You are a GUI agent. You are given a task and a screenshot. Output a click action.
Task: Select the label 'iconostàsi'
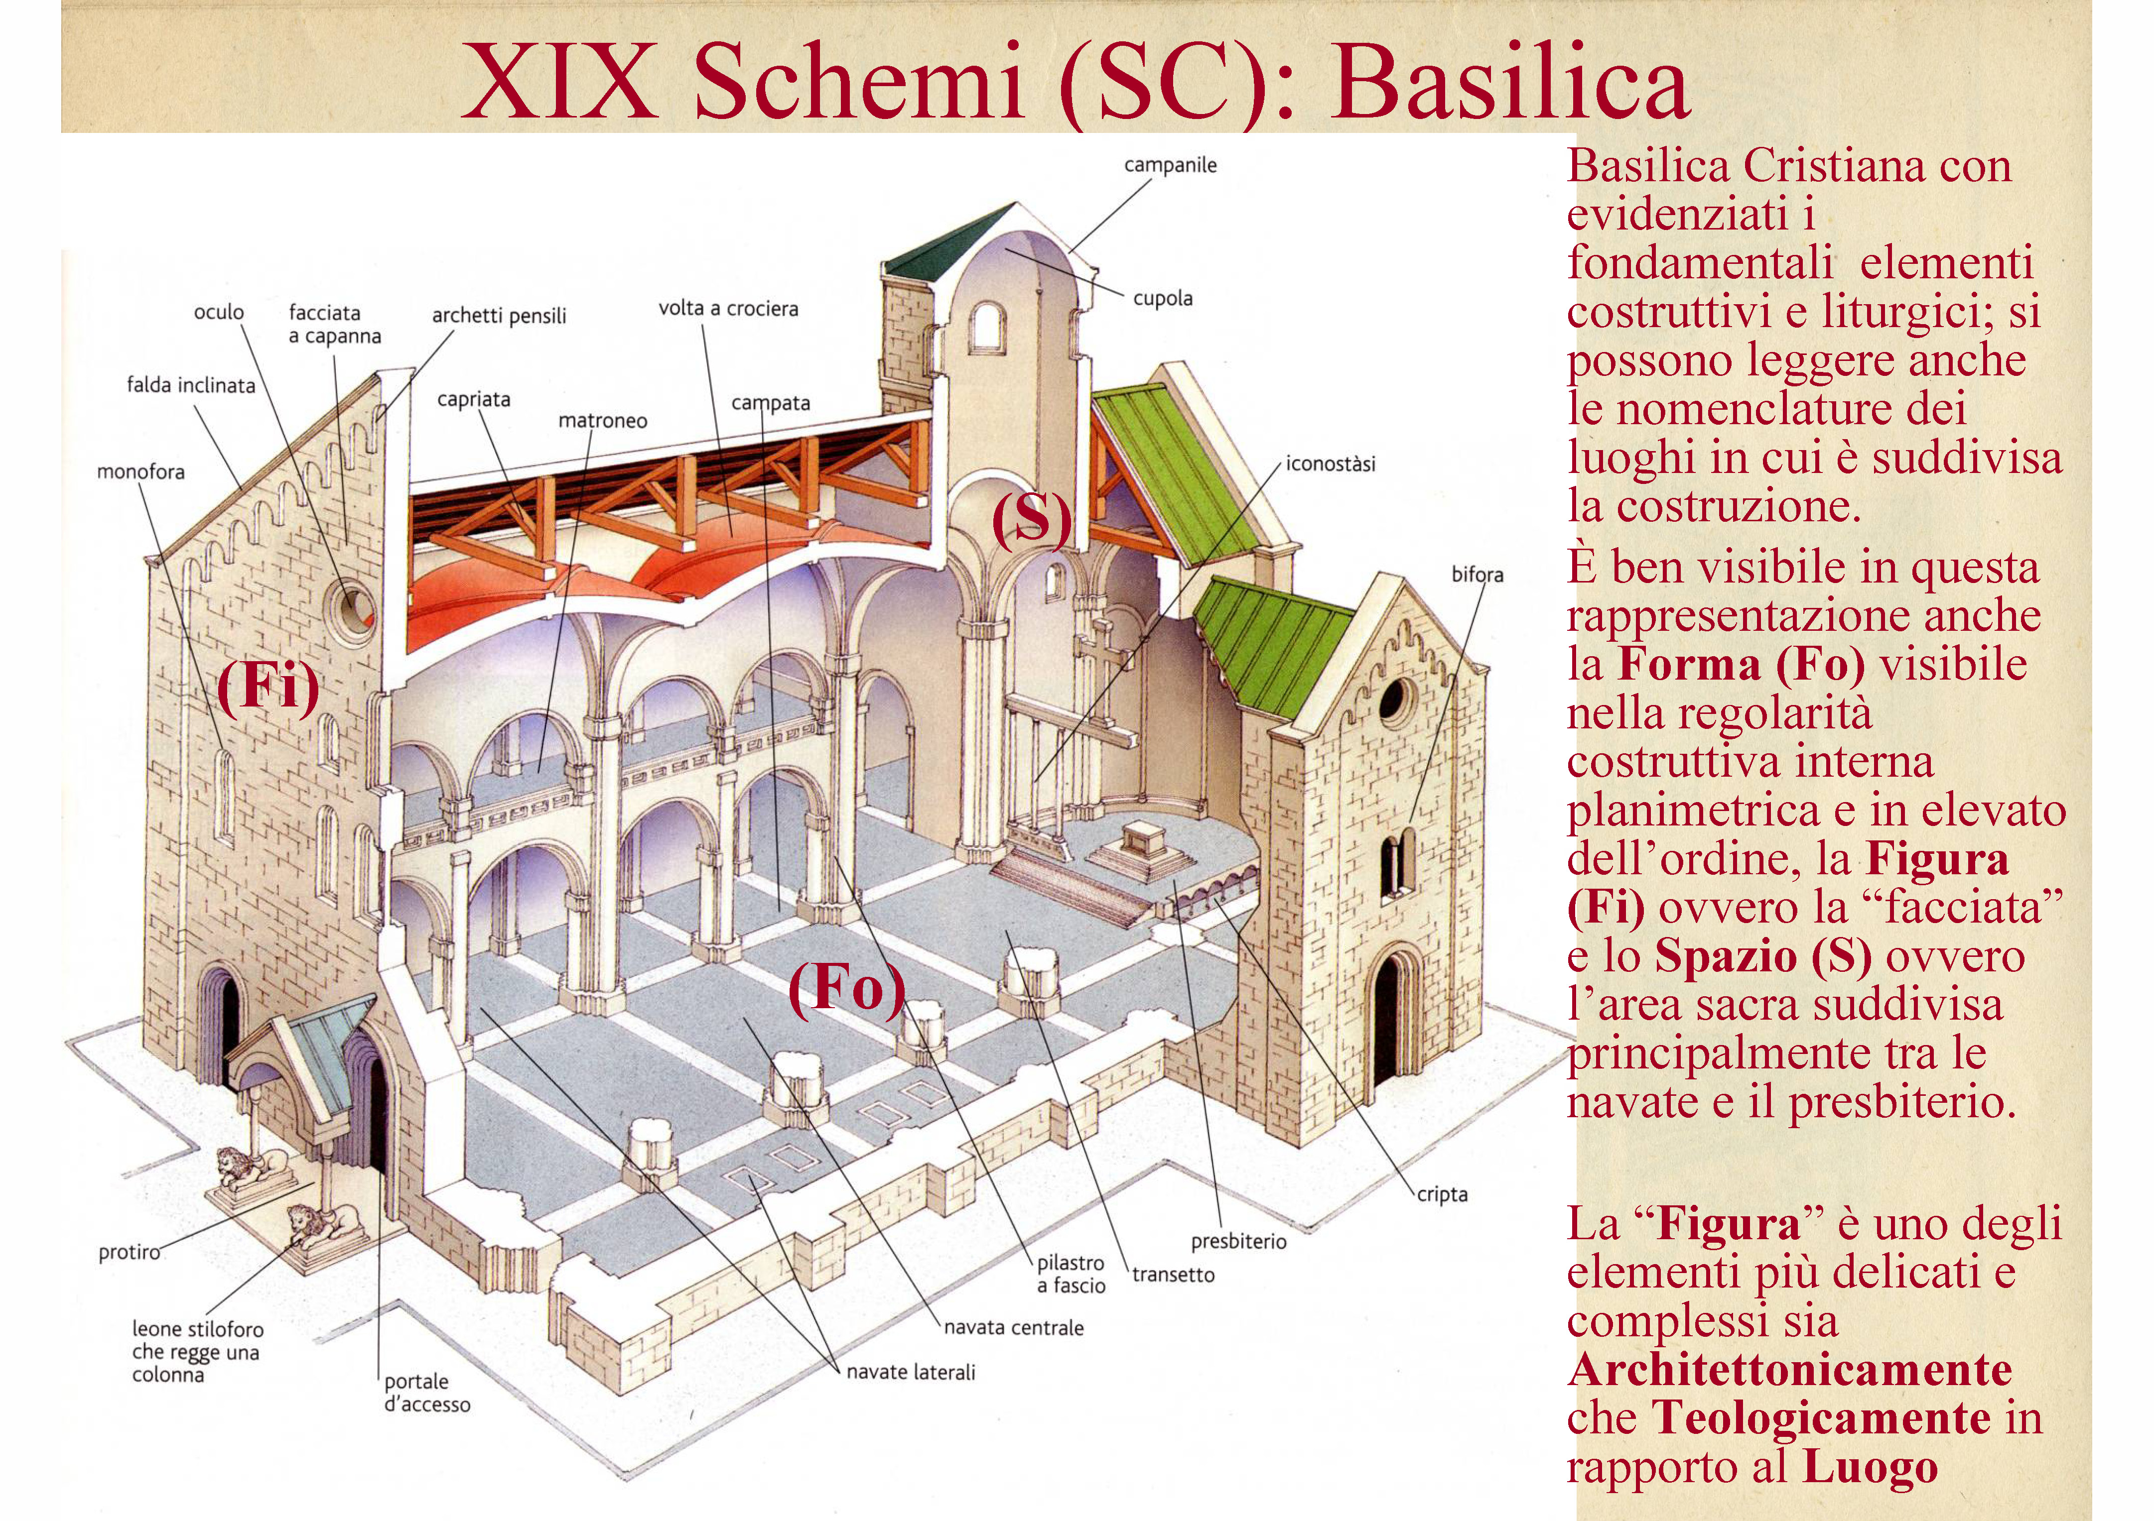[1330, 464]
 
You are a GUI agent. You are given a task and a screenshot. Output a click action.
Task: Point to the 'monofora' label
[140, 471]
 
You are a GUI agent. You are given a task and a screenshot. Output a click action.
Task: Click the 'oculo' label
[219, 312]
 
